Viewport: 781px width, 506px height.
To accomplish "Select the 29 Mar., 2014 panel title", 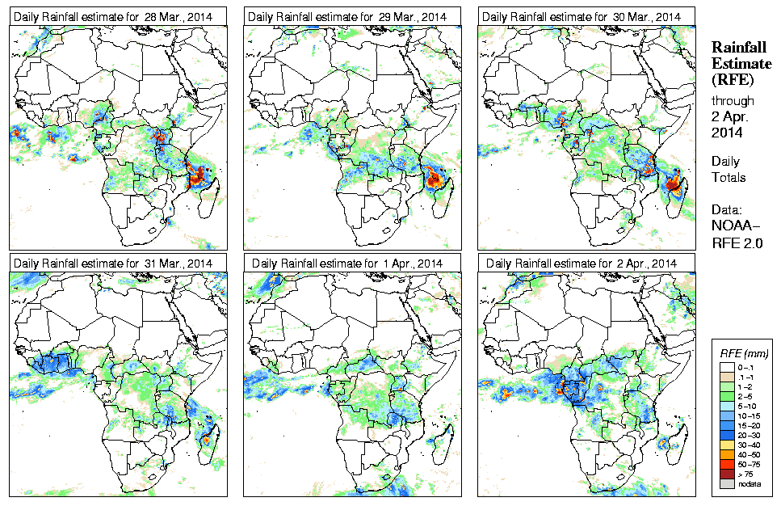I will tap(346, 17).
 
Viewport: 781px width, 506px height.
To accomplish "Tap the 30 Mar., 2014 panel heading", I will tap(581, 17).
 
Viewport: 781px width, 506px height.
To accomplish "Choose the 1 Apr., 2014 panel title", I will tap(346, 264).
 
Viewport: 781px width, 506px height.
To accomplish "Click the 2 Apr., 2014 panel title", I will tap(581, 264).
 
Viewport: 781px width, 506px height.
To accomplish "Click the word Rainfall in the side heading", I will tap(738, 48).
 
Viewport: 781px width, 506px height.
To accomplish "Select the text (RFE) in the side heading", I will tap(732, 80).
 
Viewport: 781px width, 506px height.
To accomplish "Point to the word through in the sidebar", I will tap(733, 101).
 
